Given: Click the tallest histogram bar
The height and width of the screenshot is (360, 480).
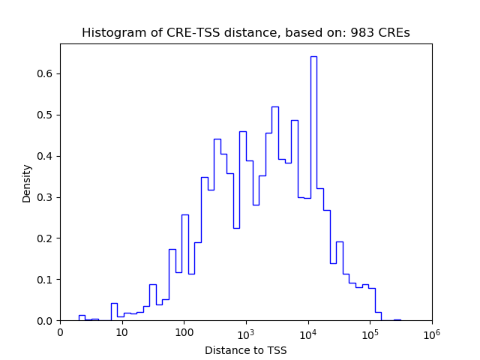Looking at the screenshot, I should [x=313, y=187].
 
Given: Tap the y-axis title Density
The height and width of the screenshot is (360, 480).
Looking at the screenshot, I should [x=27, y=182].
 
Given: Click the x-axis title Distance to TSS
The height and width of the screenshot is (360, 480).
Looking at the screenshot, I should [x=245, y=350].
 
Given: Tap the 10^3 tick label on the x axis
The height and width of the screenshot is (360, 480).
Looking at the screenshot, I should [x=246, y=332].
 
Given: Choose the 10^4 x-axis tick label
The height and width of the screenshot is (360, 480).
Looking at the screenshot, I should [x=307, y=332].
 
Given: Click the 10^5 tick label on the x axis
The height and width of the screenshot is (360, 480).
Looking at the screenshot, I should [x=370, y=332].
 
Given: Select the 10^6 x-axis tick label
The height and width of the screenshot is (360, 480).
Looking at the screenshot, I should [x=431, y=332].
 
